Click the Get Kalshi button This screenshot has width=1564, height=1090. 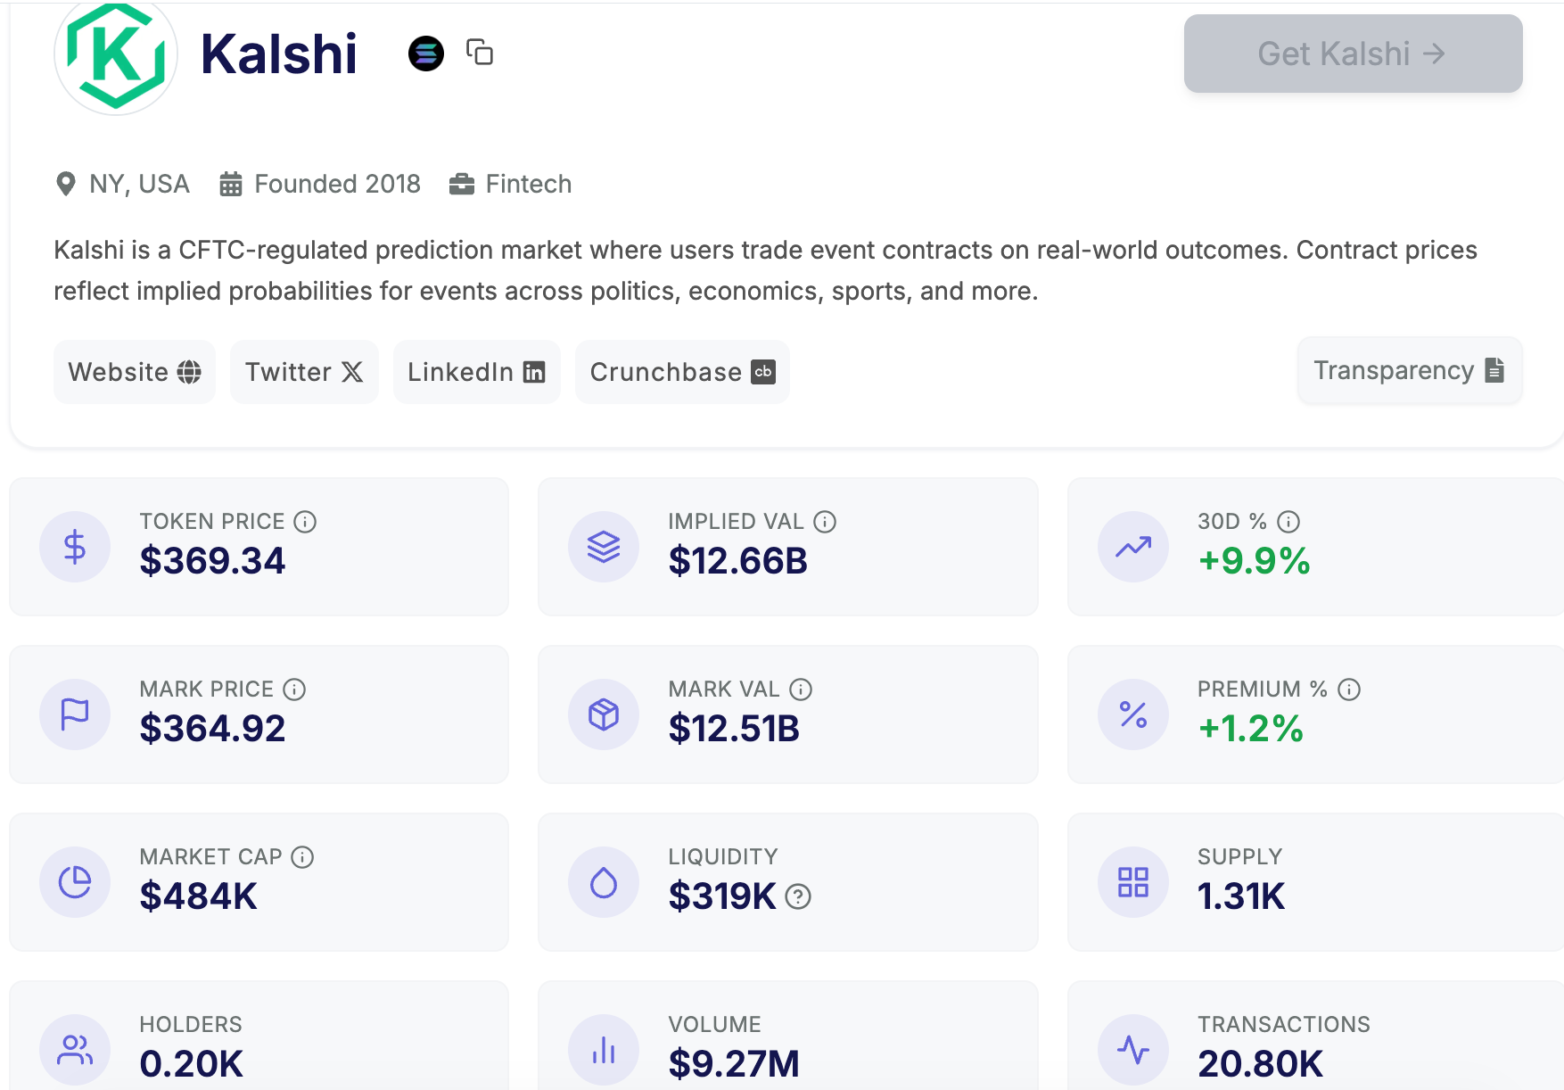point(1352,54)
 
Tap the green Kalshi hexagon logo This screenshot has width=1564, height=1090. point(116,55)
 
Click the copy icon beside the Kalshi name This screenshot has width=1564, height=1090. point(480,53)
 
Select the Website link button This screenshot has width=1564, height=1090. point(135,372)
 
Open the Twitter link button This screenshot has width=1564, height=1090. point(304,372)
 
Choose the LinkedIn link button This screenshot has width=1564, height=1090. point(476,372)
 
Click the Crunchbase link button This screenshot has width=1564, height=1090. point(682,372)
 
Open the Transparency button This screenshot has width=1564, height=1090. point(1409,370)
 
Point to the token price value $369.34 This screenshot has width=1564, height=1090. point(212,561)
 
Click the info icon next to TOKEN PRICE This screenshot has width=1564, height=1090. point(305,522)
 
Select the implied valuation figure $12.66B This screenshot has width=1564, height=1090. point(737,561)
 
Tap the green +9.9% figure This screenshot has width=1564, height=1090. point(1254,561)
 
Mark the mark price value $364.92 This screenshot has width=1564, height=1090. point(212,729)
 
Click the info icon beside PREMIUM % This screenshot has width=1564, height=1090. point(1349,690)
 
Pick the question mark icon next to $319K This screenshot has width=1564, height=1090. point(798,896)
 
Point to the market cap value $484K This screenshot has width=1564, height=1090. point(198,896)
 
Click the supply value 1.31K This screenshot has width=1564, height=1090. point(1240,896)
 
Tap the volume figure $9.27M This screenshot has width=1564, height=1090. point(734,1063)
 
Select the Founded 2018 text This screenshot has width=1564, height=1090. point(337,184)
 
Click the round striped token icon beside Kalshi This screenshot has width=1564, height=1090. point(426,54)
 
